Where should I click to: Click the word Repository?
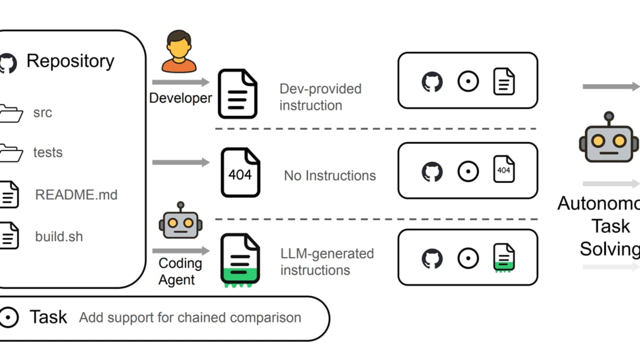click(x=70, y=61)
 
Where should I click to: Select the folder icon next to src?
click(x=11, y=113)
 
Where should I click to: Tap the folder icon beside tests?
click(x=11, y=153)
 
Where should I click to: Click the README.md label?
click(x=76, y=195)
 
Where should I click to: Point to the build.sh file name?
click(x=59, y=236)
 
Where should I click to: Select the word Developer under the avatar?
click(x=180, y=98)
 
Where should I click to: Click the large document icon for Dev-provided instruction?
click(x=237, y=93)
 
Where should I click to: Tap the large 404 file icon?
click(x=240, y=172)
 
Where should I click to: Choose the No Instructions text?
click(x=330, y=175)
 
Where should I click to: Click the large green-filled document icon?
click(x=240, y=259)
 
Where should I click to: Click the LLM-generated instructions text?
click(x=326, y=261)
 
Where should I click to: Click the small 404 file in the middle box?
click(x=503, y=170)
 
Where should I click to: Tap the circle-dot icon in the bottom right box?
click(x=468, y=258)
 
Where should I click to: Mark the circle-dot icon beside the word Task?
click(x=9, y=317)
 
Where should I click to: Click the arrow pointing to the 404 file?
click(x=181, y=162)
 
